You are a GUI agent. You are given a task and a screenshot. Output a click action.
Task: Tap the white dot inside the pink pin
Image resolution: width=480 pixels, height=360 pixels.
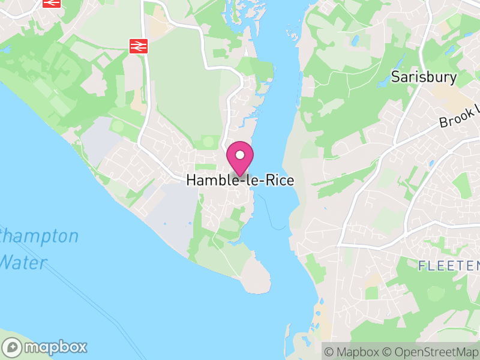click(x=240, y=155)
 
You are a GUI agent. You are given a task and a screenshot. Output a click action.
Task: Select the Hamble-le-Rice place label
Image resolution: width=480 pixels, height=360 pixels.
click(x=240, y=180)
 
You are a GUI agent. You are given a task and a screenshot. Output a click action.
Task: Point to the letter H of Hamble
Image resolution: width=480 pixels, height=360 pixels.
click(x=191, y=180)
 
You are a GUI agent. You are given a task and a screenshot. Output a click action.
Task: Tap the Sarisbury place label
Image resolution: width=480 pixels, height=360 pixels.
click(x=424, y=77)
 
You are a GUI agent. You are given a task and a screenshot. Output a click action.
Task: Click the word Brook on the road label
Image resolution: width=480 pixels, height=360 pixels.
click(x=454, y=118)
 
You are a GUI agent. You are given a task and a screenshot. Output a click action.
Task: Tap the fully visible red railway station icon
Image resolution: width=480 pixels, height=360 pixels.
click(x=139, y=45)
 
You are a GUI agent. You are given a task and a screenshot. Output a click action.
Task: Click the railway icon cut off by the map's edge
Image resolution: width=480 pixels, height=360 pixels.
click(x=52, y=2)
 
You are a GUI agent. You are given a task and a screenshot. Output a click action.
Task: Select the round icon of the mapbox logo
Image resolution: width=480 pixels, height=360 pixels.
click(x=13, y=347)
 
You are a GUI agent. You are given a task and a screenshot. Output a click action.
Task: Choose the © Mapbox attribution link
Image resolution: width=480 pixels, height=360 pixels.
click(x=352, y=352)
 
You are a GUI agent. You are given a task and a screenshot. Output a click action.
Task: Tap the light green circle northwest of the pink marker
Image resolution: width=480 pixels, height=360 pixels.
click(x=208, y=142)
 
